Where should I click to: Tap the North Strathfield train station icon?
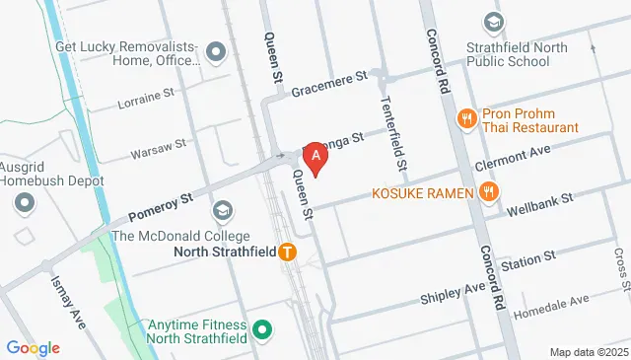click(x=288, y=252)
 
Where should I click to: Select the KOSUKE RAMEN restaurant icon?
click(x=488, y=192)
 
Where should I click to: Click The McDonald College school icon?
click(x=224, y=210)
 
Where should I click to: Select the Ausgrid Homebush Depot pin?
click(x=24, y=202)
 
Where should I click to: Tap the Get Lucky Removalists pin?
click(x=213, y=50)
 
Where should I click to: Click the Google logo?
click(x=33, y=348)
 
